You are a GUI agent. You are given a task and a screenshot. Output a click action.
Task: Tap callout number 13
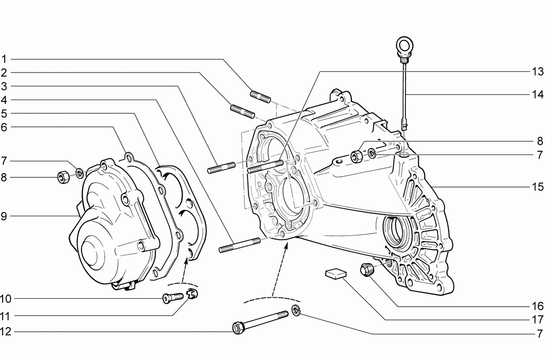[538, 72]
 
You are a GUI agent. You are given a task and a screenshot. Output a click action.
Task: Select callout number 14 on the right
[538, 94]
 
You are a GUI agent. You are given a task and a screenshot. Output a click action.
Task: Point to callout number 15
[538, 187]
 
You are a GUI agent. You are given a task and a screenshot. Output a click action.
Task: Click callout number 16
[538, 306]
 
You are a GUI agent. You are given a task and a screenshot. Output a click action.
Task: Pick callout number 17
[538, 320]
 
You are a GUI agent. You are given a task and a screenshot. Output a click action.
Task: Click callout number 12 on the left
[6, 331]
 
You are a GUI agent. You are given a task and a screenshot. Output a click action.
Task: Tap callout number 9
[4, 216]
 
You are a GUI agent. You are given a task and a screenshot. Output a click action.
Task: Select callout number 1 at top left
[4, 59]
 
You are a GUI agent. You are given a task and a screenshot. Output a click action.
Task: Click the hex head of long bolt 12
[238, 328]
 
